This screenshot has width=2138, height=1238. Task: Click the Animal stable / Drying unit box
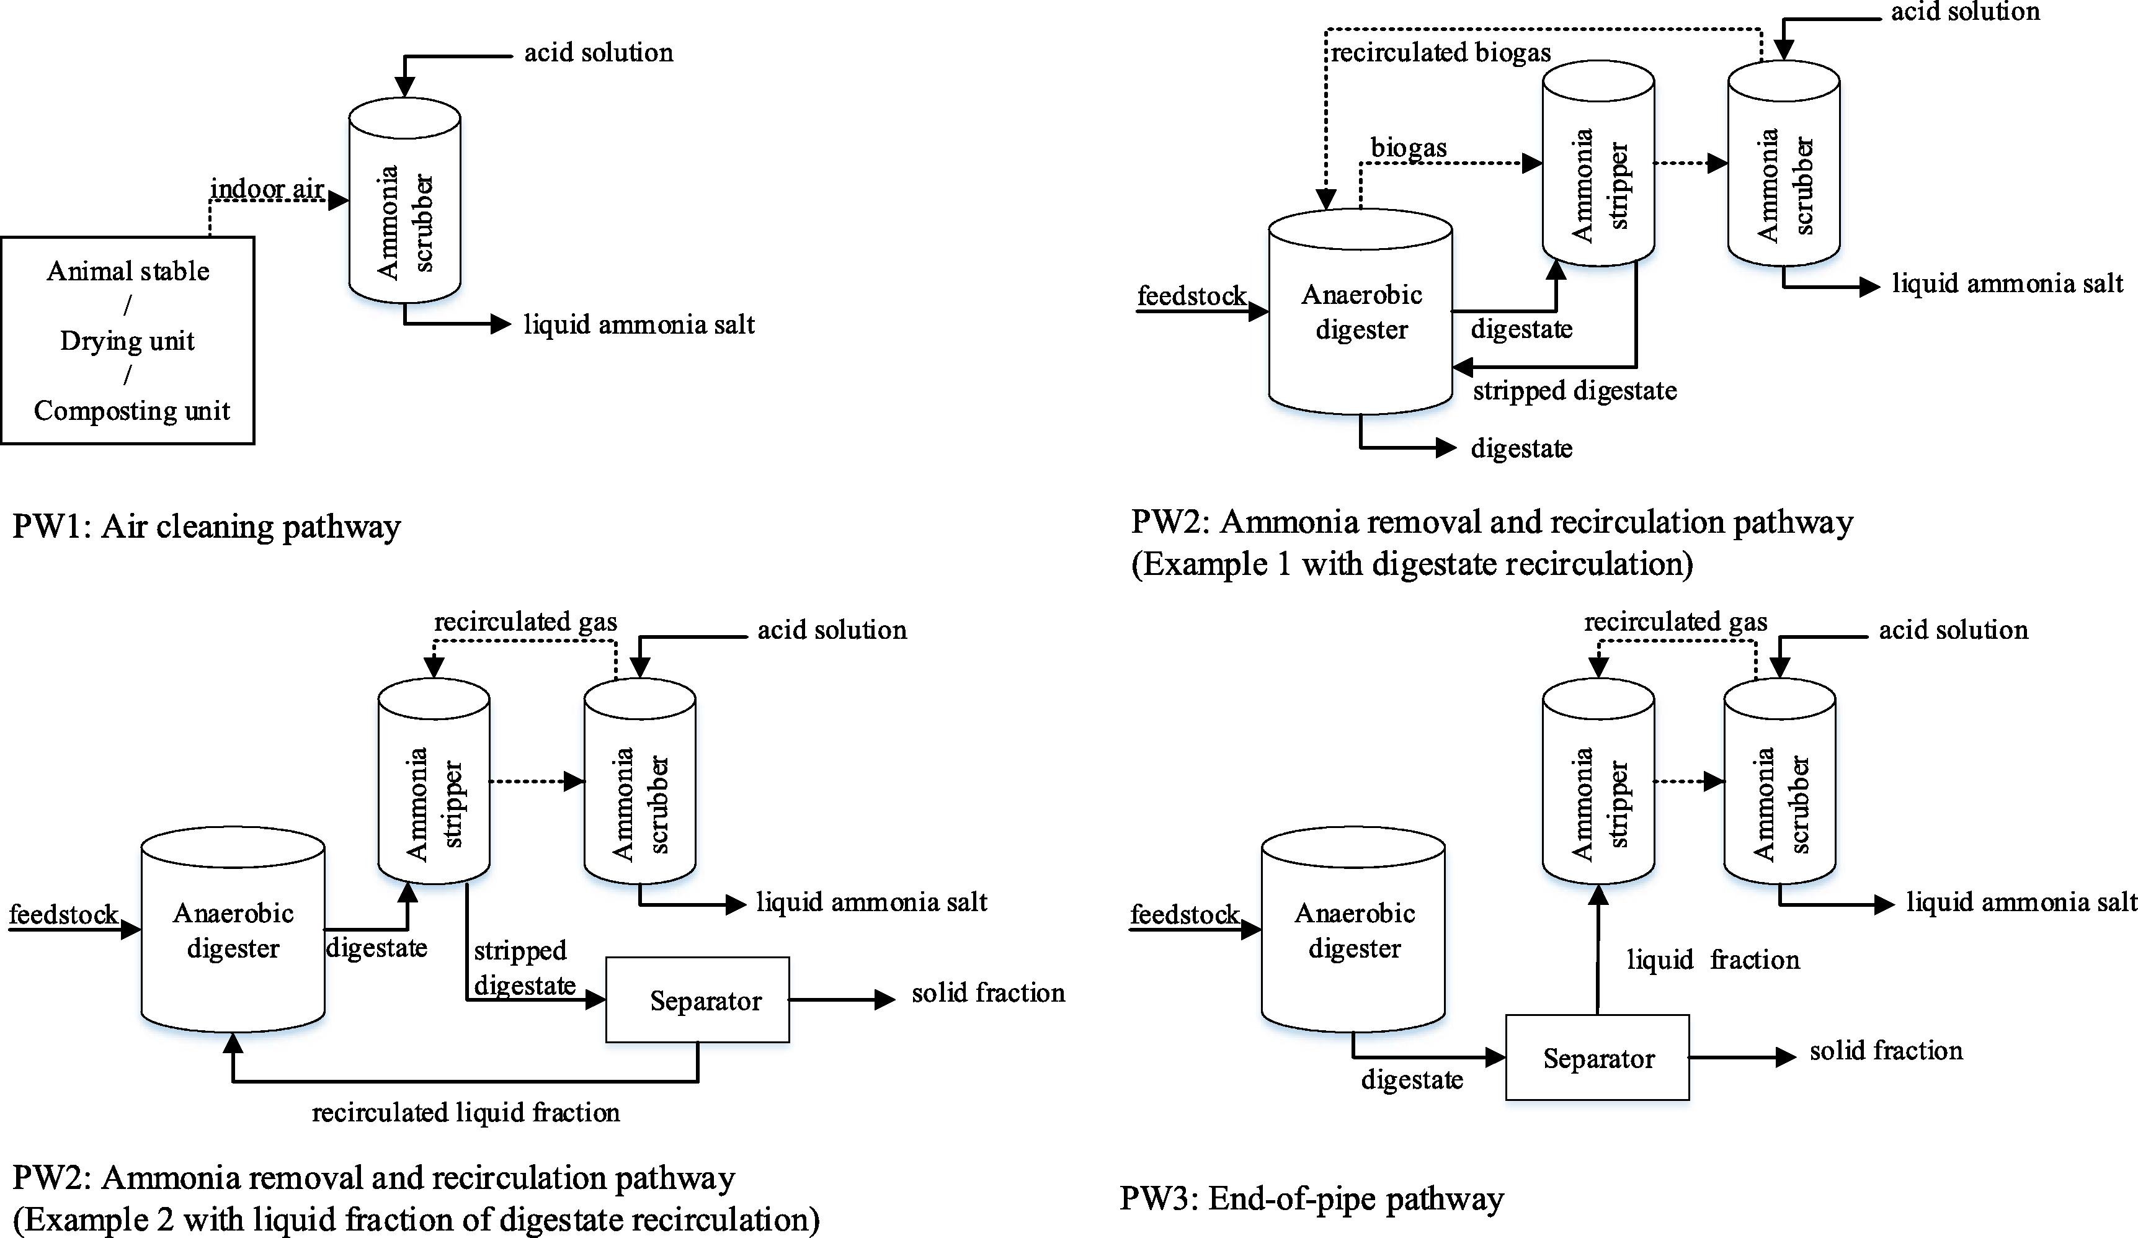pos(127,339)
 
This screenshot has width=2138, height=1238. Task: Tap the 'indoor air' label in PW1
pos(267,189)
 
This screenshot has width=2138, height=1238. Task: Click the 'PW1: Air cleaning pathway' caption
pos(206,527)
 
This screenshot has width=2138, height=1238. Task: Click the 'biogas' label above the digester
pos(1409,148)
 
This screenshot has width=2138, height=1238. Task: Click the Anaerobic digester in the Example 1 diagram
pos(1360,312)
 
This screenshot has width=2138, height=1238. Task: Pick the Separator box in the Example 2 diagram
pos(697,1000)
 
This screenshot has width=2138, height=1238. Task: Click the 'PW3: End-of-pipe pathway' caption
pos(1312,1198)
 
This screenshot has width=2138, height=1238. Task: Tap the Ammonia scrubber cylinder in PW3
pos(1779,781)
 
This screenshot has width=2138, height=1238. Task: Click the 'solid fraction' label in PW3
pos(1886,1051)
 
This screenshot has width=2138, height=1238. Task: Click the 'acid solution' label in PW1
pos(598,53)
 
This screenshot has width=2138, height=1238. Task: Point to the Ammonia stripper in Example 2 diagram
pos(434,781)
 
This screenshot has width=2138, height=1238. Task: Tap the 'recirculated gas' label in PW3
pos(1676,622)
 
